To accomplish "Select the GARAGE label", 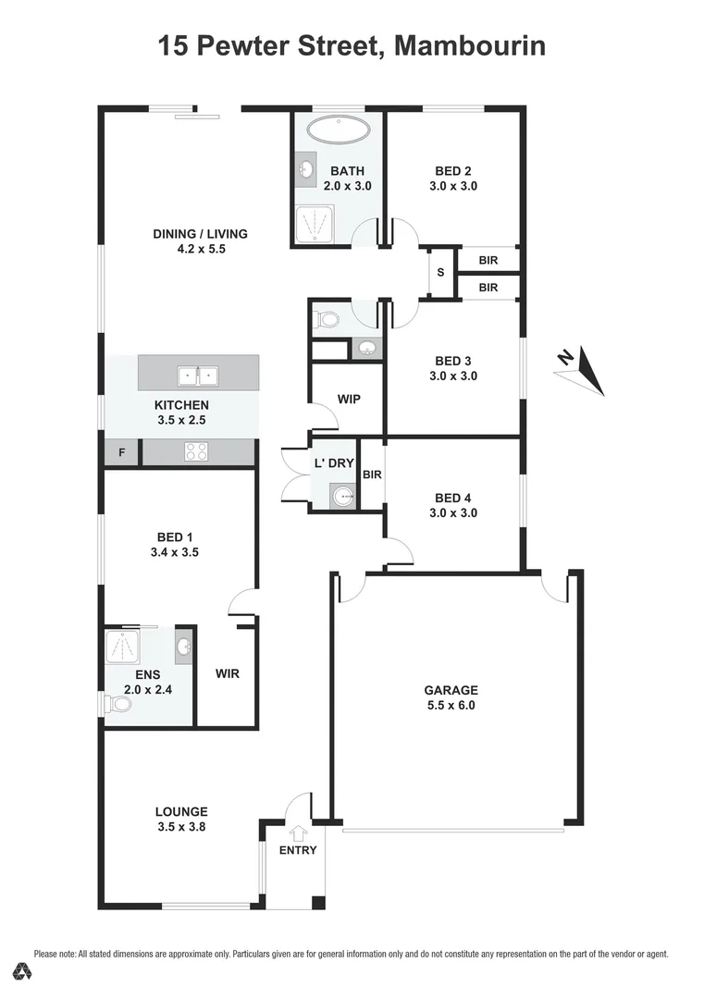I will point(451,690).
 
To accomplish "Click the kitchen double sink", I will point(198,376).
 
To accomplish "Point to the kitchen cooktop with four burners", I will point(197,451).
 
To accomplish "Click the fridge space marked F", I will point(121,452).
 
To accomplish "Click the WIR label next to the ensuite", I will point(228,673).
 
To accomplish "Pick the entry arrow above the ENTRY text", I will point(298,832).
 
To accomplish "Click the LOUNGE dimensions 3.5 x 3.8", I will point(181,827).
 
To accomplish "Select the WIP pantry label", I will point(349,400).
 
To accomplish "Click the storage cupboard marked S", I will point(440,273).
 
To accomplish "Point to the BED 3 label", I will point(453,361).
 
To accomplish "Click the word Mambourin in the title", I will point(469,44).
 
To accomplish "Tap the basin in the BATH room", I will point(306,169).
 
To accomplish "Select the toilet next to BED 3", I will point(327,320).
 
